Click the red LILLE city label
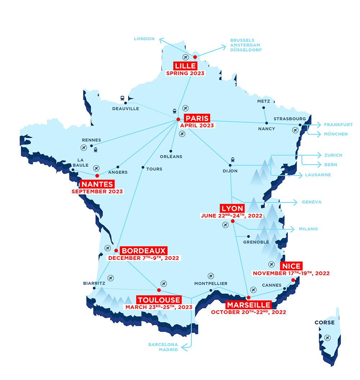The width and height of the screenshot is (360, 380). (185, 66)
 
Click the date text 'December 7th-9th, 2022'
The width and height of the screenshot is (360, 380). (144, 258)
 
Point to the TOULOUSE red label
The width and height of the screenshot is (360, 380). (159, 300)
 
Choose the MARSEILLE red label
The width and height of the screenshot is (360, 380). (248, 305)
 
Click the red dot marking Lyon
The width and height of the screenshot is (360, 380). (233, 221)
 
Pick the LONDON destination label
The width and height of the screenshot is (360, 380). (144, 39)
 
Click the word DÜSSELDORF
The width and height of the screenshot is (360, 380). (246, 50)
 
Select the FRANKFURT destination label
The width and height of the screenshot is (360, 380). (338, 125)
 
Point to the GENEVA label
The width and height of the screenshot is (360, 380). (311, 202)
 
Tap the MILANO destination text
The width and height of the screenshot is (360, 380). (308, 229)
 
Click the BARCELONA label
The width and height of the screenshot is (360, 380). (163, 344)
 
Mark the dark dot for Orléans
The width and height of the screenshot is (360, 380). (171, 151)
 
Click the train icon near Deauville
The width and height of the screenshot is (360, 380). (123, 98)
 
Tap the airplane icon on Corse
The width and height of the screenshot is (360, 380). (327, 338)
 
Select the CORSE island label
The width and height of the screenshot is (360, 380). (324, 322)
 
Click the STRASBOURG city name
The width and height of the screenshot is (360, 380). (289, 119)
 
